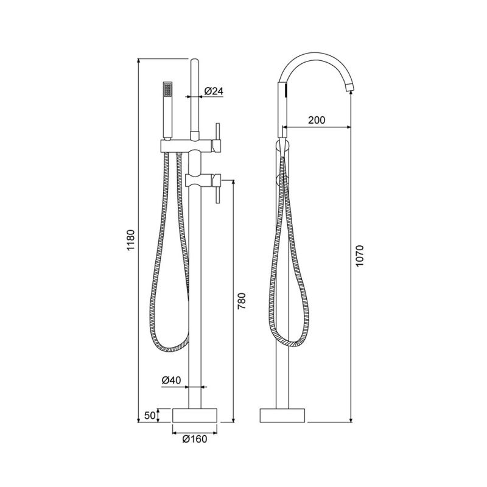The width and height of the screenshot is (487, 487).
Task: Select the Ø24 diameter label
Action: click(214, 91)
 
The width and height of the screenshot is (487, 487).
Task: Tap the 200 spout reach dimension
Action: click(317, 119)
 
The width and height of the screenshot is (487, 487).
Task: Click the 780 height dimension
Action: click(241, 301)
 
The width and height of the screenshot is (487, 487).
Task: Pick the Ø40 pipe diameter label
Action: click(171, 380)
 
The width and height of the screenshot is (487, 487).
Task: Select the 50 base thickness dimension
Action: click(150, 415)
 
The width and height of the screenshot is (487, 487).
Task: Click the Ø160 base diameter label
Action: click(195, 439)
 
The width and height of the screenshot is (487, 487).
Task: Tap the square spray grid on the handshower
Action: click(168, 89)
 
